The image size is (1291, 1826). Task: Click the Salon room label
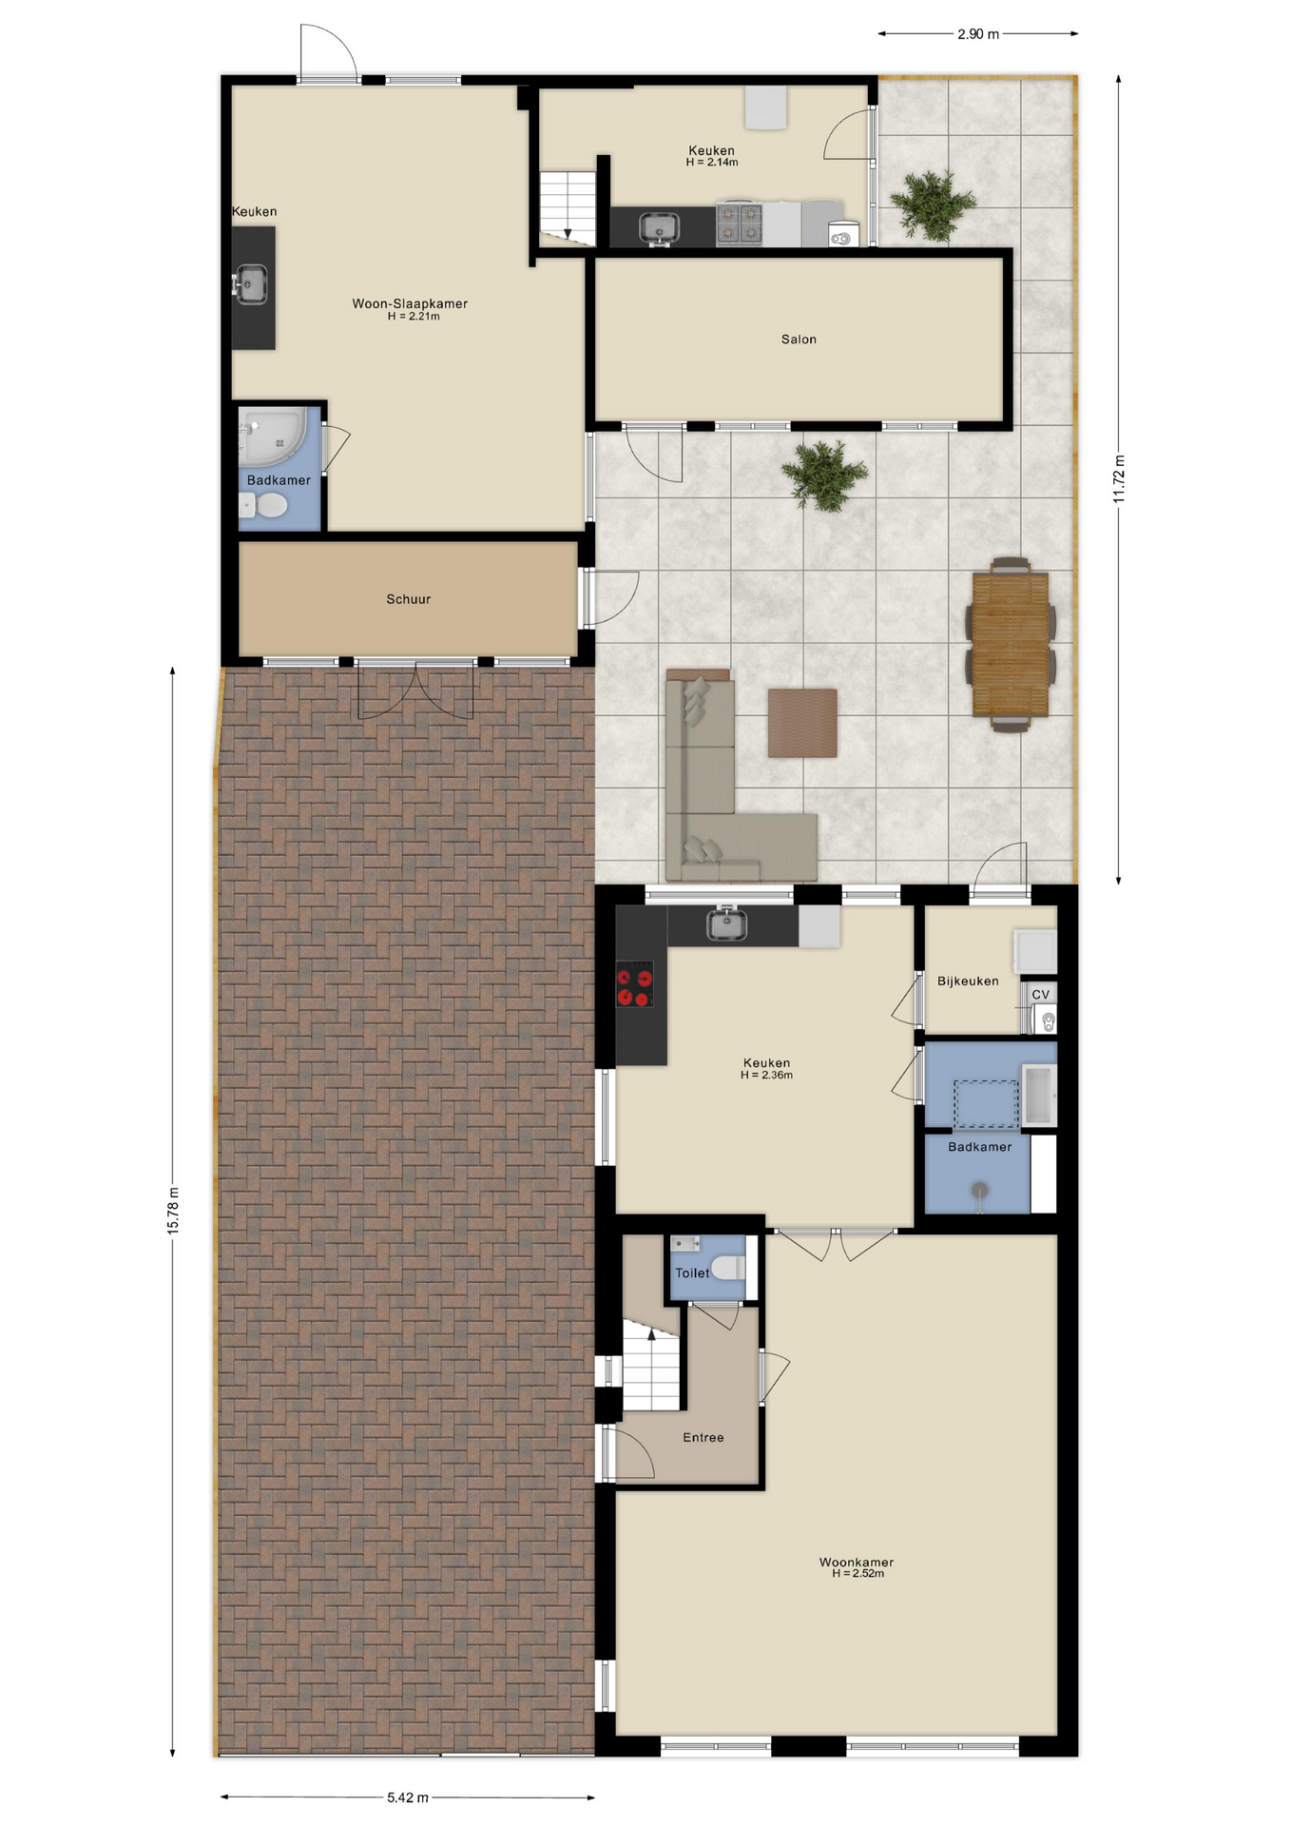click(x=799, y=340)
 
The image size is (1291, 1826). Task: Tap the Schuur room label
click(x=409, y=599)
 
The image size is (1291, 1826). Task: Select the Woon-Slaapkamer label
click(x=410, y=304)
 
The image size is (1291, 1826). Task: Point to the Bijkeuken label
click(x=968, y=981)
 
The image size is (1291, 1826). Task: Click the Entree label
click(x=703, y=1437)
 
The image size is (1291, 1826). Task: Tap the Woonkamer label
click(x=857, y=1562)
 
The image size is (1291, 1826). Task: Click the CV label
click(x=1041, y=995)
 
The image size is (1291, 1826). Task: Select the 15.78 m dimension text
click(x=173, y=1211)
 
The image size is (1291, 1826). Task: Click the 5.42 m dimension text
click(x=408, y=1797)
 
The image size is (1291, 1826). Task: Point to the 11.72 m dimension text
click(x=1119, y=478)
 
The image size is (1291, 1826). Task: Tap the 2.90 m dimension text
click(x=978, y=34)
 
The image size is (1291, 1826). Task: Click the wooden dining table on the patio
click(x=1011, y=644)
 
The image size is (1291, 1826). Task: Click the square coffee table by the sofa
click(x=802, y=723)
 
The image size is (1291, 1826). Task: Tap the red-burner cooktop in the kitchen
click(x=635, y=984)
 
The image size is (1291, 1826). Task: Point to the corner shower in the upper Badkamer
click(x=272, y=436)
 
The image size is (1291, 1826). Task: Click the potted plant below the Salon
click(x=824, y=474)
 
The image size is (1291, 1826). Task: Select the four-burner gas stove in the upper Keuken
click(x=739, y=224)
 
